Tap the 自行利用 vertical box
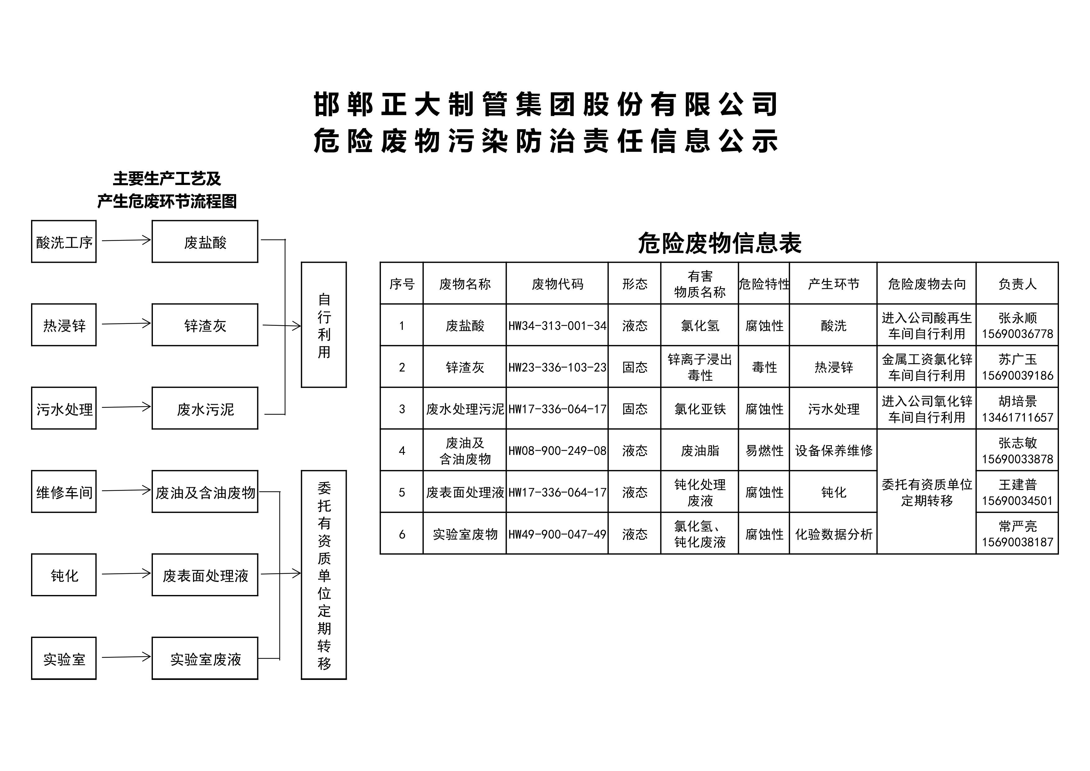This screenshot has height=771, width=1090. click(x=324, y=325)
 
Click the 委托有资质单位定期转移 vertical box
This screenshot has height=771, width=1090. click(x=324, y=575)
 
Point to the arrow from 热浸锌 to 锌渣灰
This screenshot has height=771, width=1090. click(x=126, y=324)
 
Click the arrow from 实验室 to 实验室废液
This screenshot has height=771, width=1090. click(x=126, y=658)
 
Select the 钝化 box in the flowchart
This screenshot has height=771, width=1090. click(x=64, y=575)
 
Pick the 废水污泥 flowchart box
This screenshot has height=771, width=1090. click(x=205, y=409)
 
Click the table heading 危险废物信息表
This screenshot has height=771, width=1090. click(x=720, y=243)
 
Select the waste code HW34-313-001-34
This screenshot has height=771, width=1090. click(x=557, y=326)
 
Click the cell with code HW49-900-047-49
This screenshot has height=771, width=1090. click(x=557, y=534)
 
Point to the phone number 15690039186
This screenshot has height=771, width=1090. click(x=1017, y=376)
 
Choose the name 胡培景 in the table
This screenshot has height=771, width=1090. click(x=1017, y=401)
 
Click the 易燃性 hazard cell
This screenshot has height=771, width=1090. click(x=764, y=451)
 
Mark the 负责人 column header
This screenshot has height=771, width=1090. click(x=1017, y=284)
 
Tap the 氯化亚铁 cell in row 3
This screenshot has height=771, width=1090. click(x=700, y=409)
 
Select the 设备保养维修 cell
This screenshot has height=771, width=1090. click(x=834, y=451)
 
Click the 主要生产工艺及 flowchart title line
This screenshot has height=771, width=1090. click(x=167, y=179)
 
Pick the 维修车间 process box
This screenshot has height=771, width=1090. click(x=64, y=492)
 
